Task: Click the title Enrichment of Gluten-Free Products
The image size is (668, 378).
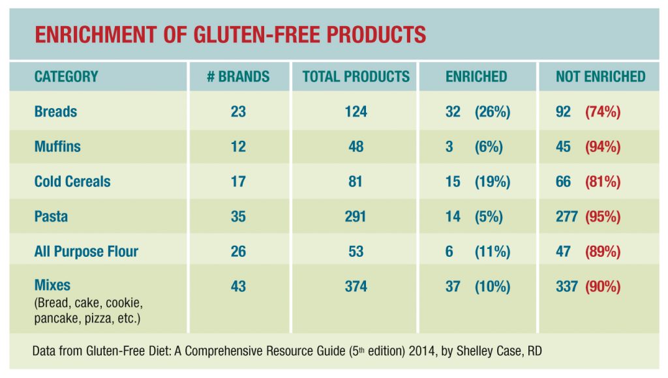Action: coord(230,34)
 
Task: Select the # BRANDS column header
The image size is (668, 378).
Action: coord(238,76)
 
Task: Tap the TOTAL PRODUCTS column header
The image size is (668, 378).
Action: coord(356,76)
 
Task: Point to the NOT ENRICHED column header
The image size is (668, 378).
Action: coord(600,76)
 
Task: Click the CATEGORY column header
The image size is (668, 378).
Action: coord(66,76)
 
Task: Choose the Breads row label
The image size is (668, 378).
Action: coord(55,111)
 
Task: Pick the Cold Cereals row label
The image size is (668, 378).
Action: coord(72,181)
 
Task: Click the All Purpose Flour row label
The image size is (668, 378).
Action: coord(86,252)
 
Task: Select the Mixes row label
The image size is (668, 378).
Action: coord(52,285)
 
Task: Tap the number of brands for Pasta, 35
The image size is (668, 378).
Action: coord(238,216)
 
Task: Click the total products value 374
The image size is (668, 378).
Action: coord(356,286)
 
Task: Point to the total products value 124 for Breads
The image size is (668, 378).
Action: coord(356,111)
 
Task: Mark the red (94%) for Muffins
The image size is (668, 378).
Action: coord(602,147)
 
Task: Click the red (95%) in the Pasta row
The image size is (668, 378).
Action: coord(602,216)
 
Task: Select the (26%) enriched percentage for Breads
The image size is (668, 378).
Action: coord(492,111)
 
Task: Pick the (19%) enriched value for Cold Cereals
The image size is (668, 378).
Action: coord(492,181)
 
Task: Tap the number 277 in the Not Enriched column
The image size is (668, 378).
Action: coord(566,216)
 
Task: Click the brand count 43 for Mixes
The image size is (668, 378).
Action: coord(238,286)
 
